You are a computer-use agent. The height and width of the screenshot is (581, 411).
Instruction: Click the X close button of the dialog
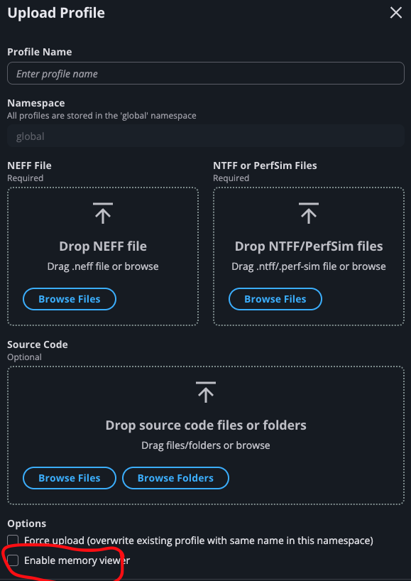coord(396,13)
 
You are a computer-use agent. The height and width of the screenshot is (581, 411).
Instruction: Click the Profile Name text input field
coord(206,73)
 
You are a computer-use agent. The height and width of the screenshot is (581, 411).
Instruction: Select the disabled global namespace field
coord(206,136)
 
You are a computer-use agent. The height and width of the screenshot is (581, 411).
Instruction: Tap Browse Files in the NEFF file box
coord(70,299)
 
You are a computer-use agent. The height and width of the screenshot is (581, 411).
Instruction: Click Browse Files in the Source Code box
coord(70,478)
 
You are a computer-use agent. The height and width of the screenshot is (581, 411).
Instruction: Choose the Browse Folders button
coord(175,478)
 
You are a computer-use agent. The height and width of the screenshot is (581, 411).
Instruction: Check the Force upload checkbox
coord(13,541)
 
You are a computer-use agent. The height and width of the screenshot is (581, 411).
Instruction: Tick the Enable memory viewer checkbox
coord(13,560)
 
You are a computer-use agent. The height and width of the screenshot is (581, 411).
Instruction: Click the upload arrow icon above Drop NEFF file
coord(103,213)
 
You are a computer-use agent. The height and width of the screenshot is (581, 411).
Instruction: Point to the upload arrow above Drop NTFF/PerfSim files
coord(309,213)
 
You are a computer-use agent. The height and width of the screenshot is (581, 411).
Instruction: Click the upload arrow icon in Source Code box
coord(206,392)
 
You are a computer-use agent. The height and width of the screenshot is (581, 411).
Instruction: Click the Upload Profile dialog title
coord(56,13)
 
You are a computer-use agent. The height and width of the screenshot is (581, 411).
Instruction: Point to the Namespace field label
coord(36,103)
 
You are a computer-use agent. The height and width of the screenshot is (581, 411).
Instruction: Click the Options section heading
coord(27,523)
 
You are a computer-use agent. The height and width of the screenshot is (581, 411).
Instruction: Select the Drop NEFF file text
coord(103,246)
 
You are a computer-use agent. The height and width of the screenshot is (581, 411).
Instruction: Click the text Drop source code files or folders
coord(206,425)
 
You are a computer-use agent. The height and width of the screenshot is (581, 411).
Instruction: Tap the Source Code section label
coord(38,344)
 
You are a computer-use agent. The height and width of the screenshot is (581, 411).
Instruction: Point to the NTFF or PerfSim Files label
coord(265,165)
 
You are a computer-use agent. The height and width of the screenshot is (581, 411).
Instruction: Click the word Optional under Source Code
coord(24,357)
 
